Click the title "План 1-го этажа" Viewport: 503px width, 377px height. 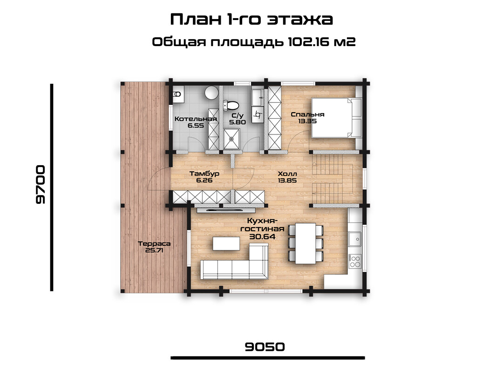point(251,19)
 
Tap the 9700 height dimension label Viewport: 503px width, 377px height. point(41,184)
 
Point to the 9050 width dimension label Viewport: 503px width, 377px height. point(265,347)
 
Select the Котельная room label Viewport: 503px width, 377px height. point(196,119)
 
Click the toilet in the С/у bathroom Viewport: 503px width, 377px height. point(231,105)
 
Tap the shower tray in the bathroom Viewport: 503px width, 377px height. point(231,139)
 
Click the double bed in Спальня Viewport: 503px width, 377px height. point(337,118)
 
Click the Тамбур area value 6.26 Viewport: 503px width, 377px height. point(204,180)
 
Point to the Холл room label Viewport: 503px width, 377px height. point(287,174)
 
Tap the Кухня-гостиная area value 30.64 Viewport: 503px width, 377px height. point(262,236)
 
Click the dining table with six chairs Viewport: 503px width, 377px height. point(306,243)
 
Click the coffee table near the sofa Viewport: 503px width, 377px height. point(226,243)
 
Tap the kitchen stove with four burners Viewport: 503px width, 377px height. point(355,261)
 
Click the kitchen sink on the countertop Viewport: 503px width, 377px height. point(355,239)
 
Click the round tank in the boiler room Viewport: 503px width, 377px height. point(212,93)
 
